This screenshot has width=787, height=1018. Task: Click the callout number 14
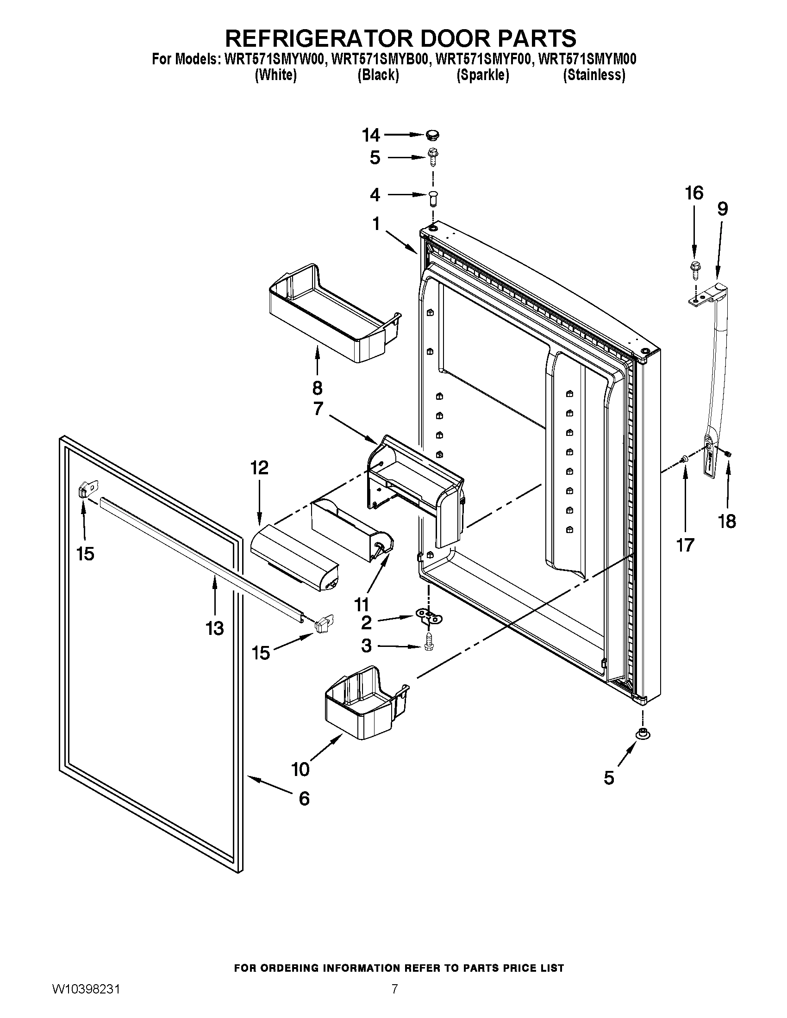(x=371, y=135)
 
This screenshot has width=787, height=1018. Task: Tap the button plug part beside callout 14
(x=433, y=135)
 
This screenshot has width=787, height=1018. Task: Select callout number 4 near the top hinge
(x=375, y=195)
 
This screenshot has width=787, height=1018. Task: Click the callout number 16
(x=694, y=193)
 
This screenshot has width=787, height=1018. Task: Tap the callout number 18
(x=727, y=521)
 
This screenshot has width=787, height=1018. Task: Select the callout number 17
(x=685, y=545)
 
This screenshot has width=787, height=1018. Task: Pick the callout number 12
(x=259, y=467)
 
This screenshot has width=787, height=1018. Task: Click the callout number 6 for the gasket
(x=304, y=799)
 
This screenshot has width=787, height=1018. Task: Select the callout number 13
(x=215, y=628)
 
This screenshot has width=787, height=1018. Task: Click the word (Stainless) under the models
(x=594, y=75)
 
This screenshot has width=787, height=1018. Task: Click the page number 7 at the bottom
(x=394, y=999)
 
